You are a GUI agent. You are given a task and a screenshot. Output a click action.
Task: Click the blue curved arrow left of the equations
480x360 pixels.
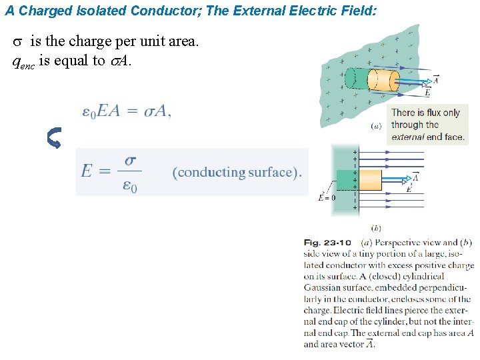pos(54,138)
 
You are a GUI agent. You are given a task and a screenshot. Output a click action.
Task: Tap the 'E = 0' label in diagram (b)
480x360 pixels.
pos(327,197)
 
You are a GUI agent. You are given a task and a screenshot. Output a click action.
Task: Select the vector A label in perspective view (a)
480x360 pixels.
pos(435,80)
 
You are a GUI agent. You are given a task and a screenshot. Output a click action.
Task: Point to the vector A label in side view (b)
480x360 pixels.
pos(415,177)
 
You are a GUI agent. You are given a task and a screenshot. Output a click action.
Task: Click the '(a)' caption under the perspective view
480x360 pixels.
pos(376,125)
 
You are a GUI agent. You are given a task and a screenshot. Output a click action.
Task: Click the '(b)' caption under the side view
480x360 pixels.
pos(376,228)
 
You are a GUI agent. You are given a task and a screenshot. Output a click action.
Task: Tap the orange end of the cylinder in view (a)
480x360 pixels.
pos(382,81)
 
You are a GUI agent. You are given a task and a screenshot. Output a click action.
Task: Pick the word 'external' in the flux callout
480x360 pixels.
pos(407,137)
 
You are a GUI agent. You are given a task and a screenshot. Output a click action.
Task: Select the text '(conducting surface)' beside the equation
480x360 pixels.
pos(237,172)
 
